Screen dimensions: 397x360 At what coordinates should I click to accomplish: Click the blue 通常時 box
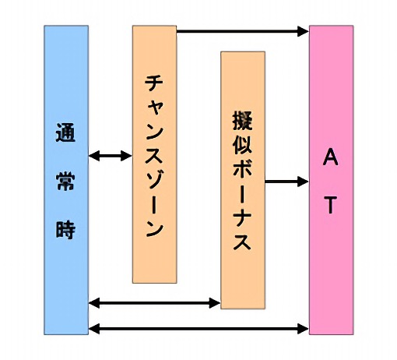click(66, 180)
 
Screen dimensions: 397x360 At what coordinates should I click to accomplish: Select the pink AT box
click(331, 180)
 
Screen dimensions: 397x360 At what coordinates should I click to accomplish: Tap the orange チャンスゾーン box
click(155, 154)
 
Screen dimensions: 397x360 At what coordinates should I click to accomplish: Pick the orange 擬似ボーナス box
click(243, 180)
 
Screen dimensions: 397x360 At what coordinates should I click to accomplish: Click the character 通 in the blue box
click(65, 132)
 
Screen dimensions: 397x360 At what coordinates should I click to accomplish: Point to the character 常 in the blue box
click(65, 181)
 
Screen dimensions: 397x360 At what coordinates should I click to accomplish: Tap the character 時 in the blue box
click(65, 230)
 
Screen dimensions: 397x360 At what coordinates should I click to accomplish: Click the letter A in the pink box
click(331, 157)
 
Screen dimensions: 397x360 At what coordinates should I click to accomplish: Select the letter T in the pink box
click(330, 205)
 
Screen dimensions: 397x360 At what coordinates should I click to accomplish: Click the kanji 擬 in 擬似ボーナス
click(242, 121)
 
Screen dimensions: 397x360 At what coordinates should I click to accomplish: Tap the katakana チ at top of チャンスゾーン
click(154, 83)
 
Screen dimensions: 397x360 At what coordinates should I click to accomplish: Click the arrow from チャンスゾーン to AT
click(243, 31)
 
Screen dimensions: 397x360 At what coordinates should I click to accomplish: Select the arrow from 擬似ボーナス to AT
click(287, 182)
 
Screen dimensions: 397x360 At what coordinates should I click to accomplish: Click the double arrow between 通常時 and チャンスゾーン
click(111, 156)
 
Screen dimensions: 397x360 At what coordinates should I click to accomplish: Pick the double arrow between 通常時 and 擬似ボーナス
click(155, 303)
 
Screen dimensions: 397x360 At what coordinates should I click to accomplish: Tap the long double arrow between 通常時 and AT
click(198, 329)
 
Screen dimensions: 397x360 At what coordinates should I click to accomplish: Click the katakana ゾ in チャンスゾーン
click(154, 180)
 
